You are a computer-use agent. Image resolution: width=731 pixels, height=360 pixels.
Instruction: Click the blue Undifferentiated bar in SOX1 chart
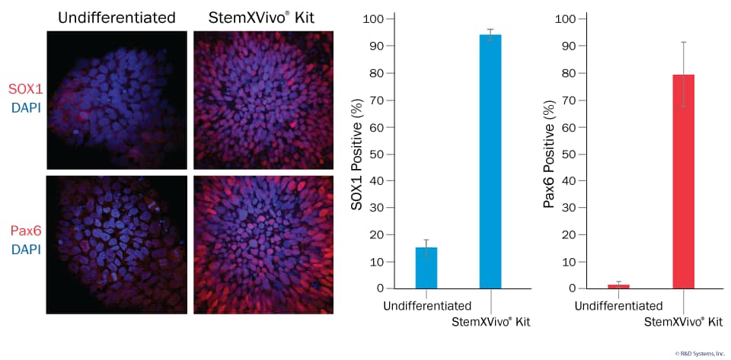(x=426, y=268)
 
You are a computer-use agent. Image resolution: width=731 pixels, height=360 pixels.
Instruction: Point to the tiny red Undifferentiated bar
(x=618, y=286)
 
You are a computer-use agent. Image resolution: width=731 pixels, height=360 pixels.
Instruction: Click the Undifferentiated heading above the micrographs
(x=117, y=17)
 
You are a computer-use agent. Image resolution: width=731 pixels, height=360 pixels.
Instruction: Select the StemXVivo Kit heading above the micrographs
(x=263, y=17)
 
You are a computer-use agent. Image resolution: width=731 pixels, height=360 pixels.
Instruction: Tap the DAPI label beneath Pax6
(x=25, y=249)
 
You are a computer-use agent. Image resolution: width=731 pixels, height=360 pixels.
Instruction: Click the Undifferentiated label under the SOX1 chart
(x=426, y=307)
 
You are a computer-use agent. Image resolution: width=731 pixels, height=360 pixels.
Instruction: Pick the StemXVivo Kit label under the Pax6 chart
(x=683, y=322)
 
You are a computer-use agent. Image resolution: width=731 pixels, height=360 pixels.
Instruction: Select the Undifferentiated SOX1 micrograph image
(x=117, y=100)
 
